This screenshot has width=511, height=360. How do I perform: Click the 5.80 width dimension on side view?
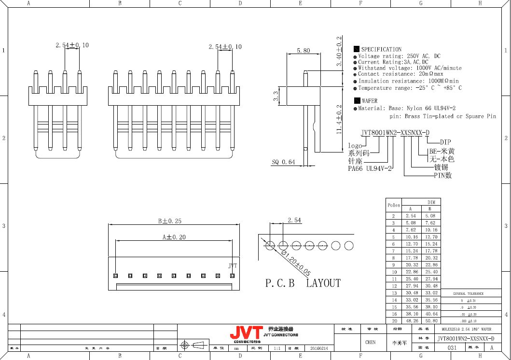(x=304, y=51)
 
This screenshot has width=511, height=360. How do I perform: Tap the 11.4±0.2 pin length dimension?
(x=339, y=119)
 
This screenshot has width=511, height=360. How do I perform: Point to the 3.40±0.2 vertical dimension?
(x=339, y=51)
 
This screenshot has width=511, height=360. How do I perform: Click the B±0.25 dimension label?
(x=170, y=221)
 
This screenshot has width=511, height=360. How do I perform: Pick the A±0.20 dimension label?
(x=174, y=237)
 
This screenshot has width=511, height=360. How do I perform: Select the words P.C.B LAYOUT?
(x=303, y=283)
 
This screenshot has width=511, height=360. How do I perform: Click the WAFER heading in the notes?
(x=370, y=101)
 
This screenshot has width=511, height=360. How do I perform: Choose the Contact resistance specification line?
(x=401, y=74)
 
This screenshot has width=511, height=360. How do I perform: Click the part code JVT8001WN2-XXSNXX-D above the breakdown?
(x=395, y=133)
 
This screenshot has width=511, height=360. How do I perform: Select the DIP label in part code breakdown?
(x=445, y=142)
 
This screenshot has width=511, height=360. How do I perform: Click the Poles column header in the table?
(x=394, y=205)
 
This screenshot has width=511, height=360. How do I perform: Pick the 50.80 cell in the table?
(x=431, y=320)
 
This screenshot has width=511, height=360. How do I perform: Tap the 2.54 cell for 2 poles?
(x=411, y=216)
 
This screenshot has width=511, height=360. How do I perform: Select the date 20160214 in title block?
(x=318, y=348)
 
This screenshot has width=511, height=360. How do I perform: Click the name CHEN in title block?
(x=370, y=342)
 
